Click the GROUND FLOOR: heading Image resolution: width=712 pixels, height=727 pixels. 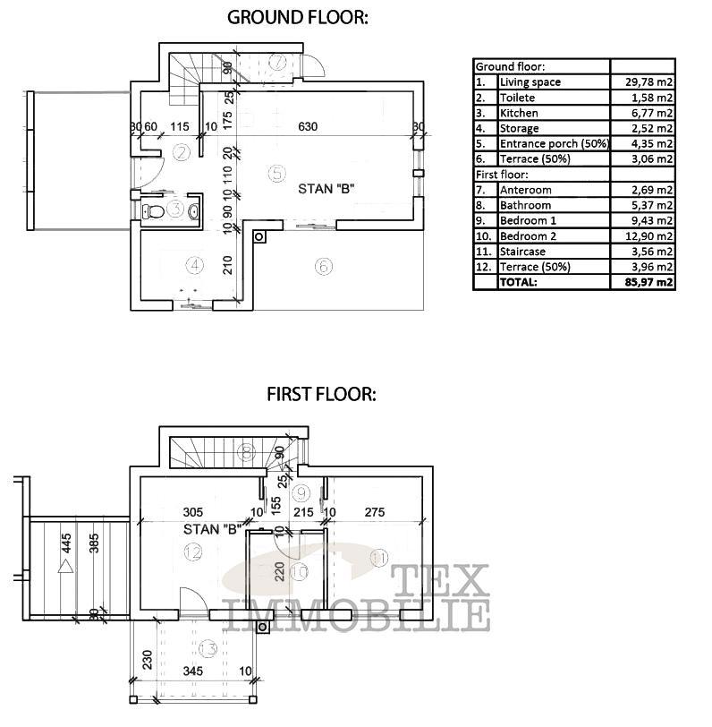coord(296,16)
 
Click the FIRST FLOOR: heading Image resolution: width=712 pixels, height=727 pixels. coord(321,394)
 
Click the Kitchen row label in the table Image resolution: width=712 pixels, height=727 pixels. coord(519,114)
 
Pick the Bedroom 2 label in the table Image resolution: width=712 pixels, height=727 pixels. coord(528,236)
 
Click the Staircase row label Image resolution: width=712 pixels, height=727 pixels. coord(525,252)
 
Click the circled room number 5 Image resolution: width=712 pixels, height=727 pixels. coord(276,172)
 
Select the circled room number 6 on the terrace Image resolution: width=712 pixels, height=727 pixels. coord(323,266)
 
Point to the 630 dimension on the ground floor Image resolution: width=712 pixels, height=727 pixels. coord(308,127)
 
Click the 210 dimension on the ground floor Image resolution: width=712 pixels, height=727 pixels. coord(227,265)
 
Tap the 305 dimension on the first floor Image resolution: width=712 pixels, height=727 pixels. coord(191,512)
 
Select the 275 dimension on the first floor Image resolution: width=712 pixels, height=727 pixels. coord(375,512)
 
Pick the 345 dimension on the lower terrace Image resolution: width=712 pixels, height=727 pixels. coord(192,670)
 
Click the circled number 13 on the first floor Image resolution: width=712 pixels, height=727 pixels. coord(208,647)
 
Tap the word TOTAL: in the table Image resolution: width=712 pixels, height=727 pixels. coord(519,282)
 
